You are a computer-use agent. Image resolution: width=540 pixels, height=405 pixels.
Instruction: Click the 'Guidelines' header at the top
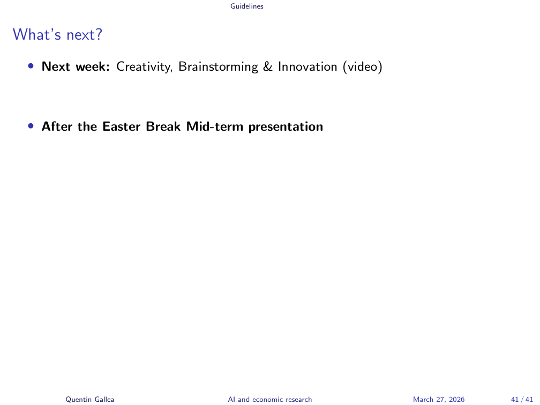[246, 6]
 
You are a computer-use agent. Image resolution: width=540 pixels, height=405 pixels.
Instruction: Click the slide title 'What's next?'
[57, 34]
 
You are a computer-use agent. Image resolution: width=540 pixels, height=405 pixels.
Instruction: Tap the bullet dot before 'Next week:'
[31, 66]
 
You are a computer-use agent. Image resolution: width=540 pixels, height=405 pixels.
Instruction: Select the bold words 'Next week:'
[76, 66]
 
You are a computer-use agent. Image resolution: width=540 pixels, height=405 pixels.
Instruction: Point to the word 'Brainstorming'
[218, 67]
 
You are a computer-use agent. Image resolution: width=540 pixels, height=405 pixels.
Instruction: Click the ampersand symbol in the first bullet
[268, 66]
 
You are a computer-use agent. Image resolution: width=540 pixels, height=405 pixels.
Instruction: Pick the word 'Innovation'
[307, 66]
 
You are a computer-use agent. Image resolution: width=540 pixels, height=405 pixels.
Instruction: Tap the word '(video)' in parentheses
[362, 67]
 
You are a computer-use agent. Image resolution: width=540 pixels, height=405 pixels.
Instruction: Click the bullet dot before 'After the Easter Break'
[31, 126]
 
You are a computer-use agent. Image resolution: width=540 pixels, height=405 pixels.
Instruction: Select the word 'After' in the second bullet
[57, 126]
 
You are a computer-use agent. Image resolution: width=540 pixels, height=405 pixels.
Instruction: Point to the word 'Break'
[163, 126]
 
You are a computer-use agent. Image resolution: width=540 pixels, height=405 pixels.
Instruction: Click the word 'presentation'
[286, 127]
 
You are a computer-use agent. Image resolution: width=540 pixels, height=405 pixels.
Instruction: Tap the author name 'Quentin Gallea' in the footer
[90, 400]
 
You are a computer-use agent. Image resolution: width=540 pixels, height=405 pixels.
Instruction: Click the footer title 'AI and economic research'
[269, 400]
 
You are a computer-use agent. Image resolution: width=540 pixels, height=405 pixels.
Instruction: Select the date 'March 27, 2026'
[439, 400]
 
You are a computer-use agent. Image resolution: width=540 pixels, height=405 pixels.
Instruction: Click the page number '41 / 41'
[522, 400]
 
